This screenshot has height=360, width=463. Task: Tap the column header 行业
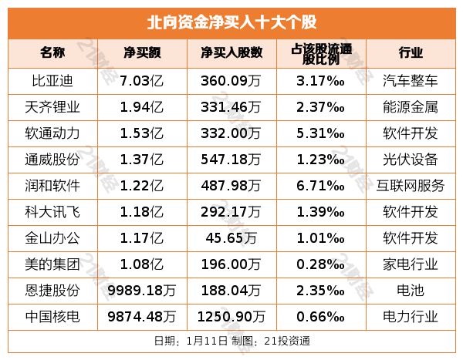[411, 53]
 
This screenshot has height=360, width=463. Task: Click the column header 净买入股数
[231, 53]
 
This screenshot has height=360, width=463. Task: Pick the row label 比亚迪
[52, 80]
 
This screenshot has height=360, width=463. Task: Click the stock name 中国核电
[52, 316]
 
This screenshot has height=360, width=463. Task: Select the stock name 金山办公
[52, 237]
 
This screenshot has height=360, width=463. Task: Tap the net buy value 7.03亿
[143, 80]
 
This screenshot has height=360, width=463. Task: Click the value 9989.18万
[143, 290]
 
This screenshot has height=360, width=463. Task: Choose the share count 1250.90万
[231, 316]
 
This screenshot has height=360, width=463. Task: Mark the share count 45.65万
[231, 237]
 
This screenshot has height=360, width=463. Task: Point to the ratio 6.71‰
[320, 185]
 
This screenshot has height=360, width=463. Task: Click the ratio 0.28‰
[320, 264]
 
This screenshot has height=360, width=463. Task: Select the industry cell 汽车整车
[411, 80]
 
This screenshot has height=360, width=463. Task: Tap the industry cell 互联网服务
[411, 185]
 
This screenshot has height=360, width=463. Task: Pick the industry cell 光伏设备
[411, 159]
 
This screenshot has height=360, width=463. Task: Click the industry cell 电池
[411, 290]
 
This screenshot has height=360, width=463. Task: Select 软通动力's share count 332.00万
[231, 133]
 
